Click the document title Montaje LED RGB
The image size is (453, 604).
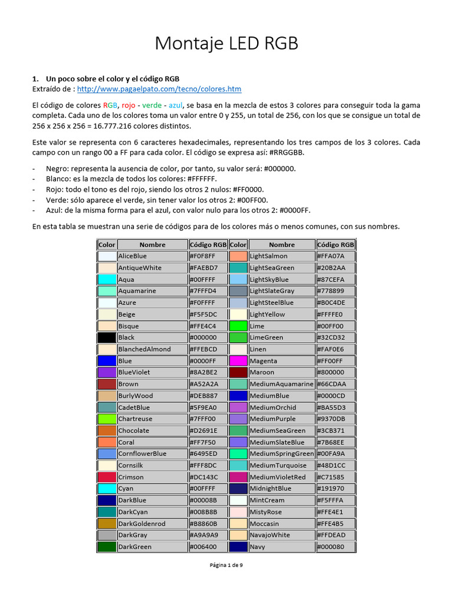226,44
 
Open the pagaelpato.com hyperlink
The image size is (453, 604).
159,89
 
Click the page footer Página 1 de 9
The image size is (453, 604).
226,565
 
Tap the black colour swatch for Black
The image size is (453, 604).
107,337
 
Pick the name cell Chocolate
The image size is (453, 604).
152,431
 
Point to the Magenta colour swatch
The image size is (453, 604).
238,360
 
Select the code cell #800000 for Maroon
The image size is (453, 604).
336,372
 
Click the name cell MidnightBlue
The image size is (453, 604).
281,488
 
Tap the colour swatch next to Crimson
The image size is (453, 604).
107,477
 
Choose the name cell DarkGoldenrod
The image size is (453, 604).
152,523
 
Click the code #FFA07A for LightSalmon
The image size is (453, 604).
336,256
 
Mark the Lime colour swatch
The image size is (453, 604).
238,326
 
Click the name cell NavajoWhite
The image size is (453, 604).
281,535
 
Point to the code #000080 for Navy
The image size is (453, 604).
336,547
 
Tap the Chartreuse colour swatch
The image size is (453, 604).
107,419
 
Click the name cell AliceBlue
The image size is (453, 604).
152,256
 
